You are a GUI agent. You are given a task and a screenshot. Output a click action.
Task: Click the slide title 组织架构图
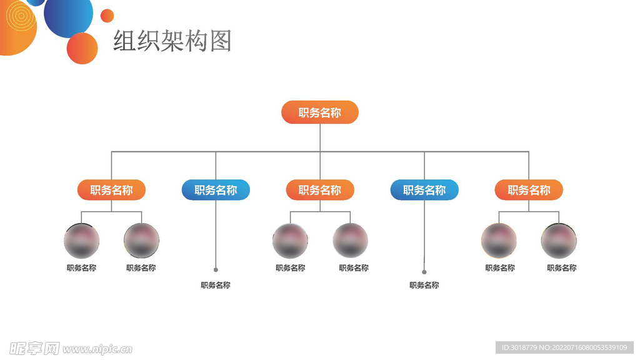pos(172,41)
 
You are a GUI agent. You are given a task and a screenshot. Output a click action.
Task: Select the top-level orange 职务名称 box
pos(319,112)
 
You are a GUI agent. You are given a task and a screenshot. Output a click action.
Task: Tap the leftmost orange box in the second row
pos(111,190)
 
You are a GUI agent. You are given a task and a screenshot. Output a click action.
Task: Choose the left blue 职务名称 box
pos(216,190)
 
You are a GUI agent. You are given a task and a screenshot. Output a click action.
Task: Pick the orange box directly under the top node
pos(319,190)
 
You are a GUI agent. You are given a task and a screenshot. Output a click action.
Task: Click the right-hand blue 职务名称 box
pos(424,190)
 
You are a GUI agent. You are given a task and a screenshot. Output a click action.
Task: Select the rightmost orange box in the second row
pos(529,190)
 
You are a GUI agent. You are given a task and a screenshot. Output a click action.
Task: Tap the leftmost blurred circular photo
pos(81,241)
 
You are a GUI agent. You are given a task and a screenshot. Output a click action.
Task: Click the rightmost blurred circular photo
pos(559,241)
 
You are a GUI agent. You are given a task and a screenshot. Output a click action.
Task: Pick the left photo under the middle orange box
pos(290,241)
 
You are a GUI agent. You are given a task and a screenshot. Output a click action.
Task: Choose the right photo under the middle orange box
pos(350,241)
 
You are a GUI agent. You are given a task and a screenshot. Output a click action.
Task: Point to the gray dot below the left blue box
pos(216,270)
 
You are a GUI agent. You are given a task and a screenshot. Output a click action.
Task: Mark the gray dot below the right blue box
pos(424,272)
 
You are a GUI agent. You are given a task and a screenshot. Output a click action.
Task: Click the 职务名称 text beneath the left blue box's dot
pos(216,285)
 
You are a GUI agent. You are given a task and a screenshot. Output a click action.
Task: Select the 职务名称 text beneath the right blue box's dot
pos(424,285)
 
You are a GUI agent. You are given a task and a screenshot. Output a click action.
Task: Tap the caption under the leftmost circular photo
pos(81,268)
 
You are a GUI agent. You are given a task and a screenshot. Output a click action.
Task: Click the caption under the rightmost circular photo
pos(561,268)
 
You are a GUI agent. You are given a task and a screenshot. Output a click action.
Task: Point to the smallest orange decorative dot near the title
pos(107,16)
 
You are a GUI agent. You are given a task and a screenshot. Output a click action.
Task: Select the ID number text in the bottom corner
pos(564,347)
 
